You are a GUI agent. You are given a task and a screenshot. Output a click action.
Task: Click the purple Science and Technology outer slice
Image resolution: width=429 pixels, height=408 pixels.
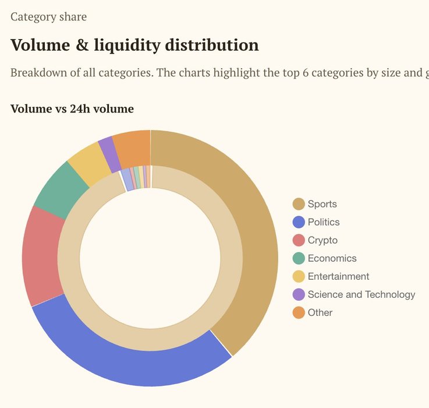tap(108, 147)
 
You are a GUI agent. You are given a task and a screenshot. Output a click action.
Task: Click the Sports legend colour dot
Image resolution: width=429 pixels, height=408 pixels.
tap(299, 204)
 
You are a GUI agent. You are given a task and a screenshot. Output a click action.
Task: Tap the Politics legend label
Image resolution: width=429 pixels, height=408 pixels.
tap(324, 222)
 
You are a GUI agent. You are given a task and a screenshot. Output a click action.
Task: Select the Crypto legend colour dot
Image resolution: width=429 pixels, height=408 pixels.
tap(299, 240)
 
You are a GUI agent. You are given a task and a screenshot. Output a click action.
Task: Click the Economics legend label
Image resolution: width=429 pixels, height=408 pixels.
tap(332, 258)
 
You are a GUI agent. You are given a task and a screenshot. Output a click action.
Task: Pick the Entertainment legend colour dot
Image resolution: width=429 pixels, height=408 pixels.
tap(299, 276)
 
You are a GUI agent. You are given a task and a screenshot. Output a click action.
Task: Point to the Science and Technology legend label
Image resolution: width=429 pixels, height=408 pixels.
tap(361, 294)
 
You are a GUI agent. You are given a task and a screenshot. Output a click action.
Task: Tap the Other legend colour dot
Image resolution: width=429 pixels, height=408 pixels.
tap(299, 312)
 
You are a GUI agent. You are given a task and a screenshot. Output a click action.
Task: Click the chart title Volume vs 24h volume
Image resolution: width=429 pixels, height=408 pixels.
tap(72, 108)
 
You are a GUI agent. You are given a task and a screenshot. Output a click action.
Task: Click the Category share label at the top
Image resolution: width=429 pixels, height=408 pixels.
tap(48, 16)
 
